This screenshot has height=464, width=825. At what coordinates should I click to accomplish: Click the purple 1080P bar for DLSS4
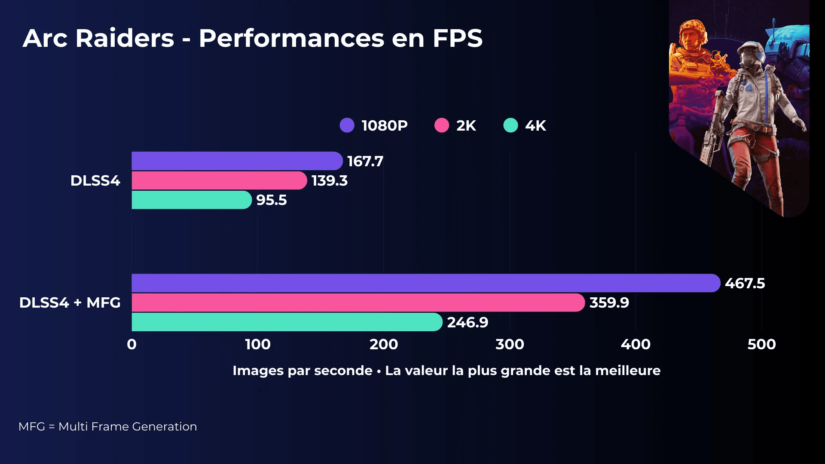click(236, 161)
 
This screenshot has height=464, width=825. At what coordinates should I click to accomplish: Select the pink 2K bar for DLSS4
click(219, 180)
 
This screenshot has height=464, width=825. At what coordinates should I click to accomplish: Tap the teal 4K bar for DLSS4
click(191, 200)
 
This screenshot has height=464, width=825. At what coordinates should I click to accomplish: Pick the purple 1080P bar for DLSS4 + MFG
click(425, 283)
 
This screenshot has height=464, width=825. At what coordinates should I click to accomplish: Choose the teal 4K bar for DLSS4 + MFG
click(287, 322)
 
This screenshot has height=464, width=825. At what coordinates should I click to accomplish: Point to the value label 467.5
click(745, 284)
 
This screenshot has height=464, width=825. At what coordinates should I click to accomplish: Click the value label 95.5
click(271, 200)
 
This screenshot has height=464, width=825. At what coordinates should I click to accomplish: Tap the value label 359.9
click(609, 303)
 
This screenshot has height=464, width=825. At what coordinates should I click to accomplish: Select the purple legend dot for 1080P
click(347, 125)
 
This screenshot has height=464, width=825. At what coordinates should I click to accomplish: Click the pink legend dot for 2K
click(441, 125)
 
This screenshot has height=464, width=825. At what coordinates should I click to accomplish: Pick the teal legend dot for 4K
click(510, 125)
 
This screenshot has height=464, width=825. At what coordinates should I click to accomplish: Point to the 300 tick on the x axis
click(510, 344)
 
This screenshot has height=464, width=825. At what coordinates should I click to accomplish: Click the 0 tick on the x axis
click(132, 344)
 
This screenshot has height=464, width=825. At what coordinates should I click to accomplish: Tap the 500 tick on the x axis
click(761, 344)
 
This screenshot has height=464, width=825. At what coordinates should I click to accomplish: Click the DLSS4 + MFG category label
click(70, 302)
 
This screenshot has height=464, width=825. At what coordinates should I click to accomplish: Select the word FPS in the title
click(457, 38)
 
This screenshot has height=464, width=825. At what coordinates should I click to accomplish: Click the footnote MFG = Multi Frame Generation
click(107, 427)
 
